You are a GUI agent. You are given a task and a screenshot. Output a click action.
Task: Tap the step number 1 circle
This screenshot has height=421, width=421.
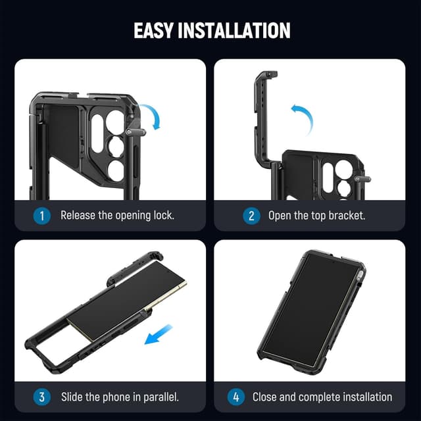coord(41,215)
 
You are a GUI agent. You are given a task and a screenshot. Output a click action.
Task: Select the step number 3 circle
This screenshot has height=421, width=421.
coord(41,397)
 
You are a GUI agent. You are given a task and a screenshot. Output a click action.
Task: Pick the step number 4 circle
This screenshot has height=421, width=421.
coord(235,397)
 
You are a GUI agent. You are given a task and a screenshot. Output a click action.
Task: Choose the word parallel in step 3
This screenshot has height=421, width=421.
coord(157,397)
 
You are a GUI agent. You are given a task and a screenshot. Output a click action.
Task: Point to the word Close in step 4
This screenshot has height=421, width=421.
coord(266,397)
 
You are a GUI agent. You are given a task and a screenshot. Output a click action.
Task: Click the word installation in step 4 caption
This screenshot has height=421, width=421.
coord(364,397)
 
